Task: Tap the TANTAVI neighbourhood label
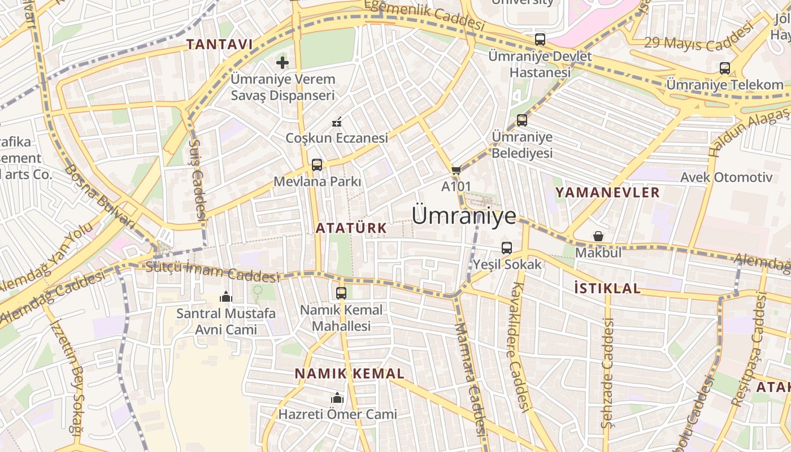[219, 44]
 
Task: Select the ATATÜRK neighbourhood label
[351, 228]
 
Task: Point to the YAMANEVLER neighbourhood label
[607, 193]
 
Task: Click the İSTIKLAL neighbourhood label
[607, 289]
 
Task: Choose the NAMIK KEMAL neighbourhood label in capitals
[350, 373]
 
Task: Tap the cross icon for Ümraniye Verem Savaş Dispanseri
[282, 62]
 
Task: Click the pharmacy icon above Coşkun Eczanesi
[337, 122]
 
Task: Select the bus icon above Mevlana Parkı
[317, 165]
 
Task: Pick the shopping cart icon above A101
[456, 170]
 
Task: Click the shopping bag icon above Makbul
[598, 236]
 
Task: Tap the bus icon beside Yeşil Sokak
[507, 247]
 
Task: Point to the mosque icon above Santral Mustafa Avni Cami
[226, 297]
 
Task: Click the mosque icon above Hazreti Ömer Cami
[337, 398]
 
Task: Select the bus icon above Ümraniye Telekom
[725, 68]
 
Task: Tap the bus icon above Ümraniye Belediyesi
[522, 120]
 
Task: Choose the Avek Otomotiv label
[726, 177]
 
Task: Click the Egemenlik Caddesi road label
[425, 15]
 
